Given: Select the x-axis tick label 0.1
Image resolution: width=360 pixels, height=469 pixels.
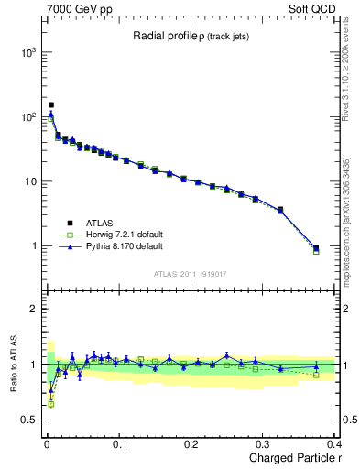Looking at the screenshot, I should (119, 444).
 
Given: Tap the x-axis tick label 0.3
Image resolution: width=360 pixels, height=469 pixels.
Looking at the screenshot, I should (264, 444).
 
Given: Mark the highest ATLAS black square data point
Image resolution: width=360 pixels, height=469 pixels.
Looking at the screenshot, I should (51, 105).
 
